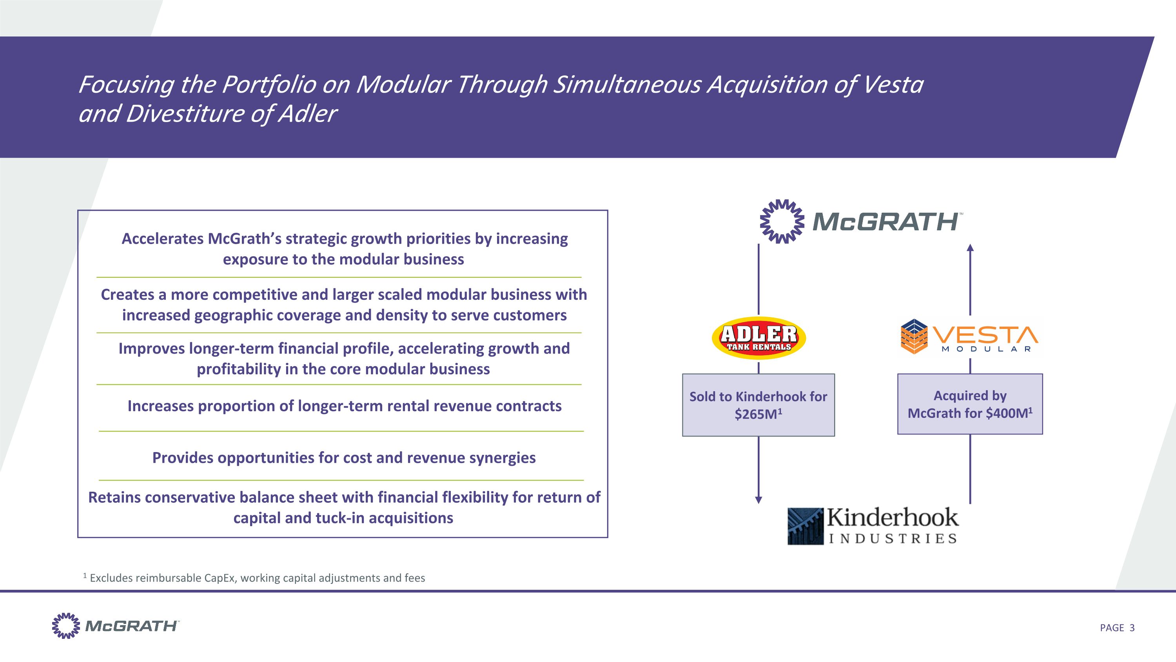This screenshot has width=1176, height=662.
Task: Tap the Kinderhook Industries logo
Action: [x=873, y=526]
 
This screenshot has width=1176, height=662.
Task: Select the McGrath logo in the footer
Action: [x=116, y=626]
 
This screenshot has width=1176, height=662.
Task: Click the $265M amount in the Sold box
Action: [x=755, y=414]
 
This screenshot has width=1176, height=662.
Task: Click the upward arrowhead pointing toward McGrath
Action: [x=970, y=248]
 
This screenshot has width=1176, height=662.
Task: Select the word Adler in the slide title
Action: [x=307, y=113]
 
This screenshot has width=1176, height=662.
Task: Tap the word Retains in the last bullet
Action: [x=114, y=497]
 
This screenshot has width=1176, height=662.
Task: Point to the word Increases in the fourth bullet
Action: [x=156, y=406]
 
